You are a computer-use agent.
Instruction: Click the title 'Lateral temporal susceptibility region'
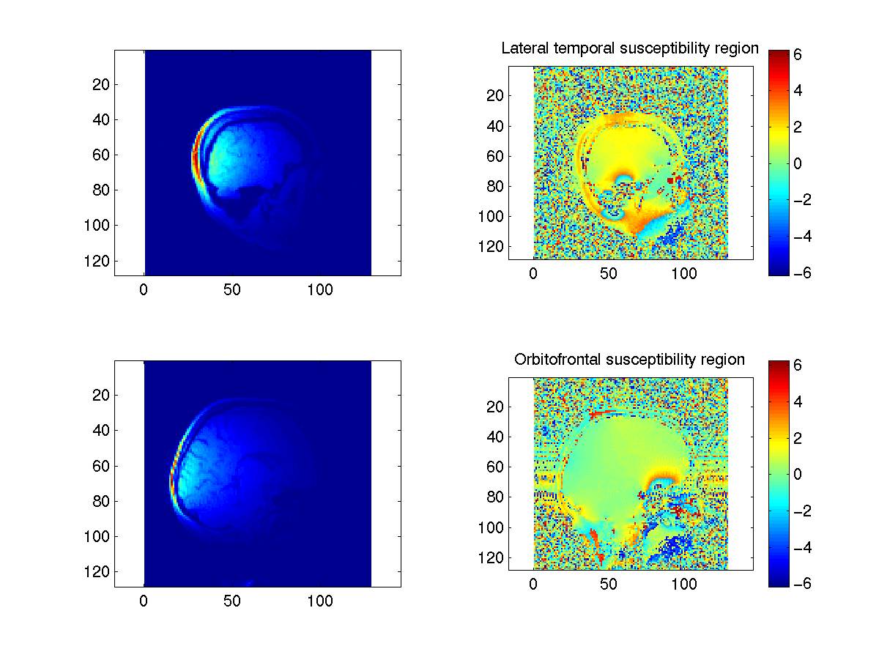tap(629, 49)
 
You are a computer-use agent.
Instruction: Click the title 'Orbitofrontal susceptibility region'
tap(629, 360)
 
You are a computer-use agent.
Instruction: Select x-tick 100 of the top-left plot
tap(320, 290)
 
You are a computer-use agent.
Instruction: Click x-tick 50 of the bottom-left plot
tap(232, 601)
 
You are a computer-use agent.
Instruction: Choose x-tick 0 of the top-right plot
tap(533, 273)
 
